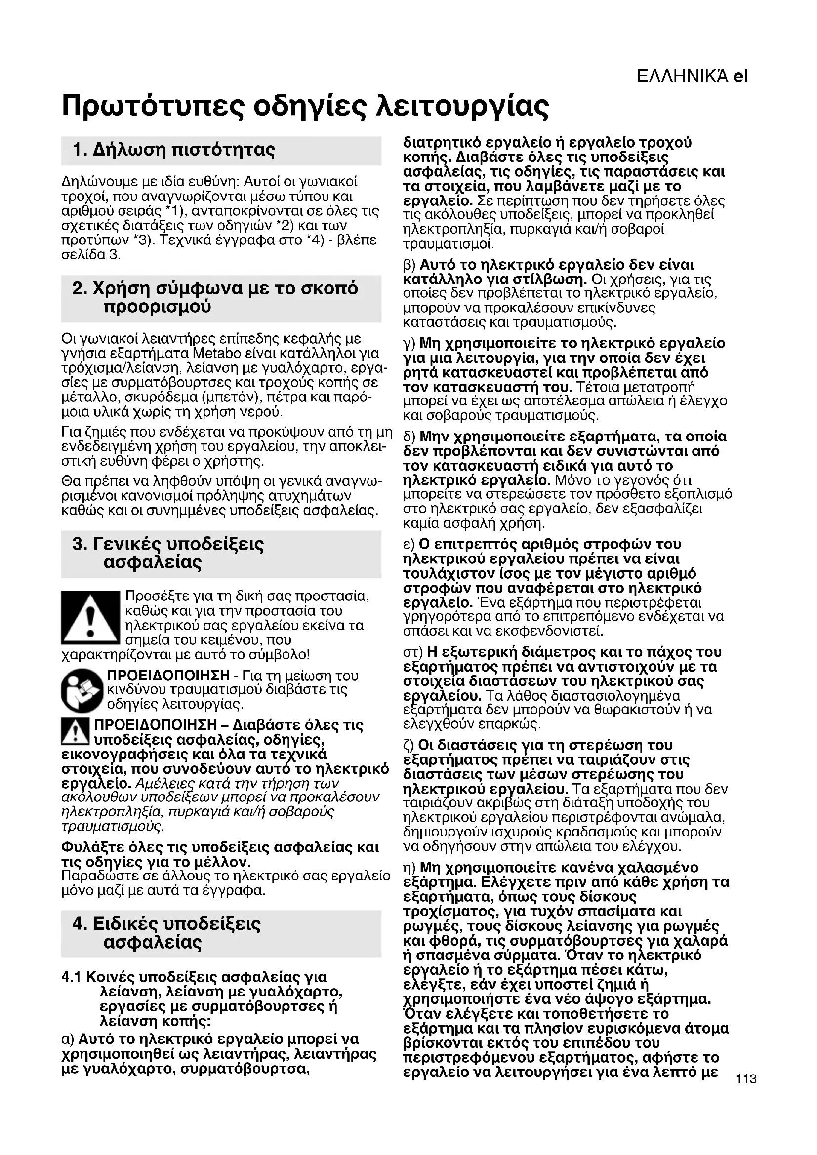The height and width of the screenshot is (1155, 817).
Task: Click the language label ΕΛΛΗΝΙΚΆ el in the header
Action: pos(692,77)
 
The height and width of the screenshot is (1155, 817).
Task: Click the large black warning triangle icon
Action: pos(90,618)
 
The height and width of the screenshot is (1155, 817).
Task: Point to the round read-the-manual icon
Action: pos(82,690)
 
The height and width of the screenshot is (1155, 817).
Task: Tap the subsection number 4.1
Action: pos(71,977)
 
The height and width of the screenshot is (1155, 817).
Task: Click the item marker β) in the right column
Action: pos(410,265)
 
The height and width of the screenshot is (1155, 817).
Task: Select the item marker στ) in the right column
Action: pos(412,653)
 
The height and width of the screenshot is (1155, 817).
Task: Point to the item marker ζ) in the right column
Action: pos(409,745)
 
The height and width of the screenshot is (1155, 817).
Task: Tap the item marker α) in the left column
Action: pos(67,1039)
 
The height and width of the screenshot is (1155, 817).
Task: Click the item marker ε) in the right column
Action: pos(409,545)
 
